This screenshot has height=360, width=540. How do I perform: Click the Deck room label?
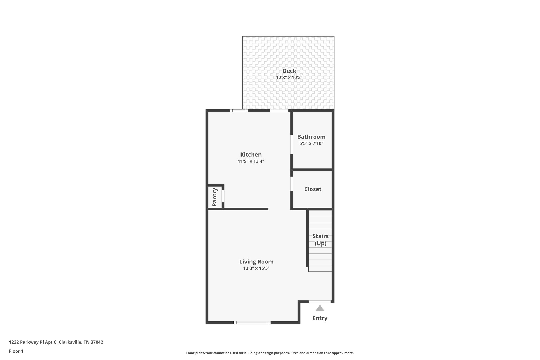(x=289, y=71)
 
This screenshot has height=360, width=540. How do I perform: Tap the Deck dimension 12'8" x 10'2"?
(x=289, y=78)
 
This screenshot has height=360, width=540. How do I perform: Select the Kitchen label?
(x=251, y=155)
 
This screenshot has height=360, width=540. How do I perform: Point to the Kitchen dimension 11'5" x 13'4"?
(x=251, y=161)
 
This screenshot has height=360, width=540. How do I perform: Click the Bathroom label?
(x=311, y=137)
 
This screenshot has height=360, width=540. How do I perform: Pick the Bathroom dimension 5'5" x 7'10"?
(x=311, y=143)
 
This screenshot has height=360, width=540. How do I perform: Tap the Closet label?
(x=313, y=189)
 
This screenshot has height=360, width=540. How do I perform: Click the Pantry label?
(x=214, y=197)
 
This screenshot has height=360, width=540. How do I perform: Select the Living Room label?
(x=256, y=262)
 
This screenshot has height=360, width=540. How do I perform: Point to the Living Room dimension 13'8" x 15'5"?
(x=256, y=268)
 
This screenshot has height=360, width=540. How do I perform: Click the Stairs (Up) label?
(x=320, y=239)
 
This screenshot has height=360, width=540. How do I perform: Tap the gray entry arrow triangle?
(x=320, y=308)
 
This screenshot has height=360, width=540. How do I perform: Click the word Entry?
(x=320, y=318)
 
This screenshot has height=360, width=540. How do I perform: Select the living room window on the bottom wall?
(x=252, y=322)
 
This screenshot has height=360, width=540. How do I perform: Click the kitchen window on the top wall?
(x=239, y=111)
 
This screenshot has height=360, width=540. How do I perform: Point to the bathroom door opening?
(x=292, y=144)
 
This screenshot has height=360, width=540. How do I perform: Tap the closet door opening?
(x=292, y=184)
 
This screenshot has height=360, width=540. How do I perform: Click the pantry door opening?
(x=223, y=196)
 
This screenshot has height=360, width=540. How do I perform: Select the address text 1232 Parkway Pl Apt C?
(x=33, y=342)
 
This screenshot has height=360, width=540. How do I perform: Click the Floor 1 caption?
(x=16, y=351)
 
